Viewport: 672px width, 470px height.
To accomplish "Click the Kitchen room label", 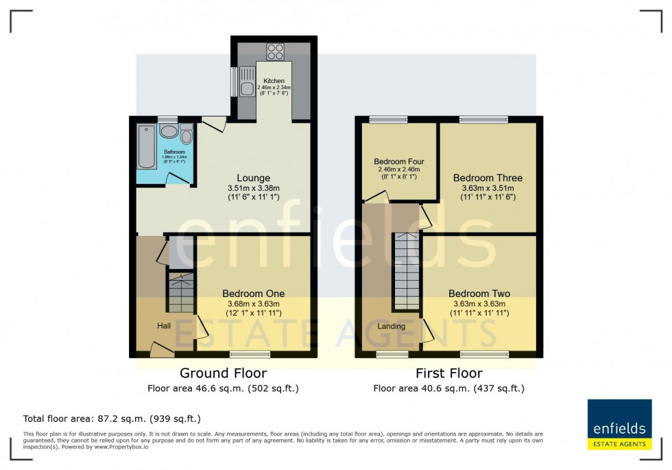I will [274, 80].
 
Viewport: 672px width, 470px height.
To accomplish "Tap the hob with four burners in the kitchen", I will [275, 51].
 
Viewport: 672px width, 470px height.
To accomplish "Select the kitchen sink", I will [246, 89].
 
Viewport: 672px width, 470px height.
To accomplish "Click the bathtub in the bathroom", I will [146, 146].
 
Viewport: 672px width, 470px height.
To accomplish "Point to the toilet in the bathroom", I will [187, 136].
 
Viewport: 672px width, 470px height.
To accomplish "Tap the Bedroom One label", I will [253, 294].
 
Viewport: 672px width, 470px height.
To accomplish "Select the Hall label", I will [164, 326].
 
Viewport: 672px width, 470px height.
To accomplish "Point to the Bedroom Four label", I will [397, 162].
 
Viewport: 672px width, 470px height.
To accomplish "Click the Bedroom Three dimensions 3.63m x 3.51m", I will [483, 188].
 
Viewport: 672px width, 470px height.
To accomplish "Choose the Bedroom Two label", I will [481, 294].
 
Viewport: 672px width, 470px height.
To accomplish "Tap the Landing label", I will [392, 326].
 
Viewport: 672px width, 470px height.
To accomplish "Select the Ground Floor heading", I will [223, 373].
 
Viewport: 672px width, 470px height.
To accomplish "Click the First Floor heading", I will [448, 373].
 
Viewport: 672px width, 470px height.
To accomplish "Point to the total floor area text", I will [112, 418].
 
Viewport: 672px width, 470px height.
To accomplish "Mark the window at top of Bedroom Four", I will [388, 120].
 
